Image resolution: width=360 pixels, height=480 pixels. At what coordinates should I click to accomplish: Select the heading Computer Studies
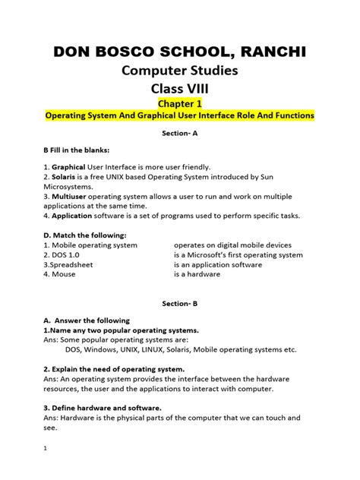pos(179,71)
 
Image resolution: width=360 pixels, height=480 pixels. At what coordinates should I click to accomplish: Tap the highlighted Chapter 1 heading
pos(180,102)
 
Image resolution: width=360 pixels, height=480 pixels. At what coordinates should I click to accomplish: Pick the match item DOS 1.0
pos(65,255)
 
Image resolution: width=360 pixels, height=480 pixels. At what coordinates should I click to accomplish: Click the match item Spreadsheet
pos(70,265)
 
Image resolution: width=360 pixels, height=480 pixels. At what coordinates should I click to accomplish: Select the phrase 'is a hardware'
pos(197,275)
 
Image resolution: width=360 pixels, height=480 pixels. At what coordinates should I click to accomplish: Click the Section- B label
pos(179,303)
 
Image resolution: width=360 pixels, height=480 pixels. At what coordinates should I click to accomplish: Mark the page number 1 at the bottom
pos(46,449)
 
